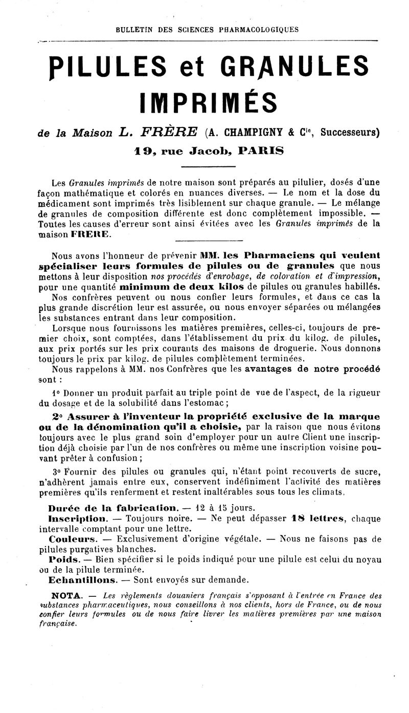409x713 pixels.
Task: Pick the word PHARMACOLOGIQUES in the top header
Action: [x=259, y=30]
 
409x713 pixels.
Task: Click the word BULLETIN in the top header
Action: [x=134, y=30]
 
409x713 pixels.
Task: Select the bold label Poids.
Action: [x=64, y=560]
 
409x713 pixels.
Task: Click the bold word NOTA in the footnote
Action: [x=66, y=595]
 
